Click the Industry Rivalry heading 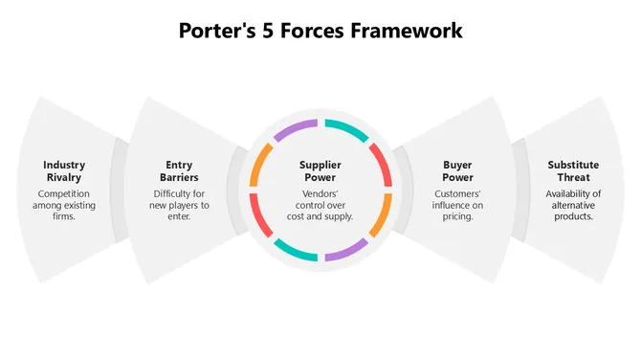tap(64, 170)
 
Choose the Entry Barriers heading tap(180, 170)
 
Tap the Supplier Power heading tap(320, 170)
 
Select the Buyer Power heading tap(457, 170)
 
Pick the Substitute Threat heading tap(574, 170)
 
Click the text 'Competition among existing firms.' tap(64, 204)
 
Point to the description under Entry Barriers tap(180, 204)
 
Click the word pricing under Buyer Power tap(457, 216)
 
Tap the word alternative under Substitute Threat tap(574, 204)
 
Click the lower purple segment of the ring tap(345, 250)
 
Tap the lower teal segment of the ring tap(296, 250)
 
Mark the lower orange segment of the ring tap(381, 215)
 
